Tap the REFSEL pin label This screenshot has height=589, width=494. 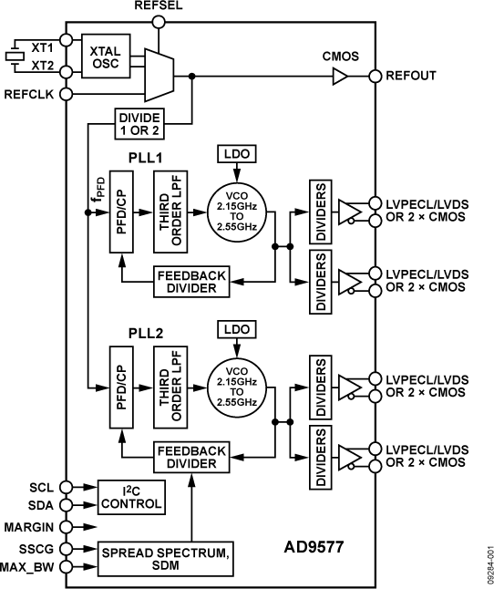click(159, 6)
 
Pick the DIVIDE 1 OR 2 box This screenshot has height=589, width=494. click(139, 123)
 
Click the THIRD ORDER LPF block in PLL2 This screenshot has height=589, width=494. click(172, 380)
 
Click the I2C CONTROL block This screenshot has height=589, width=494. click(130, 497)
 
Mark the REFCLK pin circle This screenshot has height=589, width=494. click(66, 93)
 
